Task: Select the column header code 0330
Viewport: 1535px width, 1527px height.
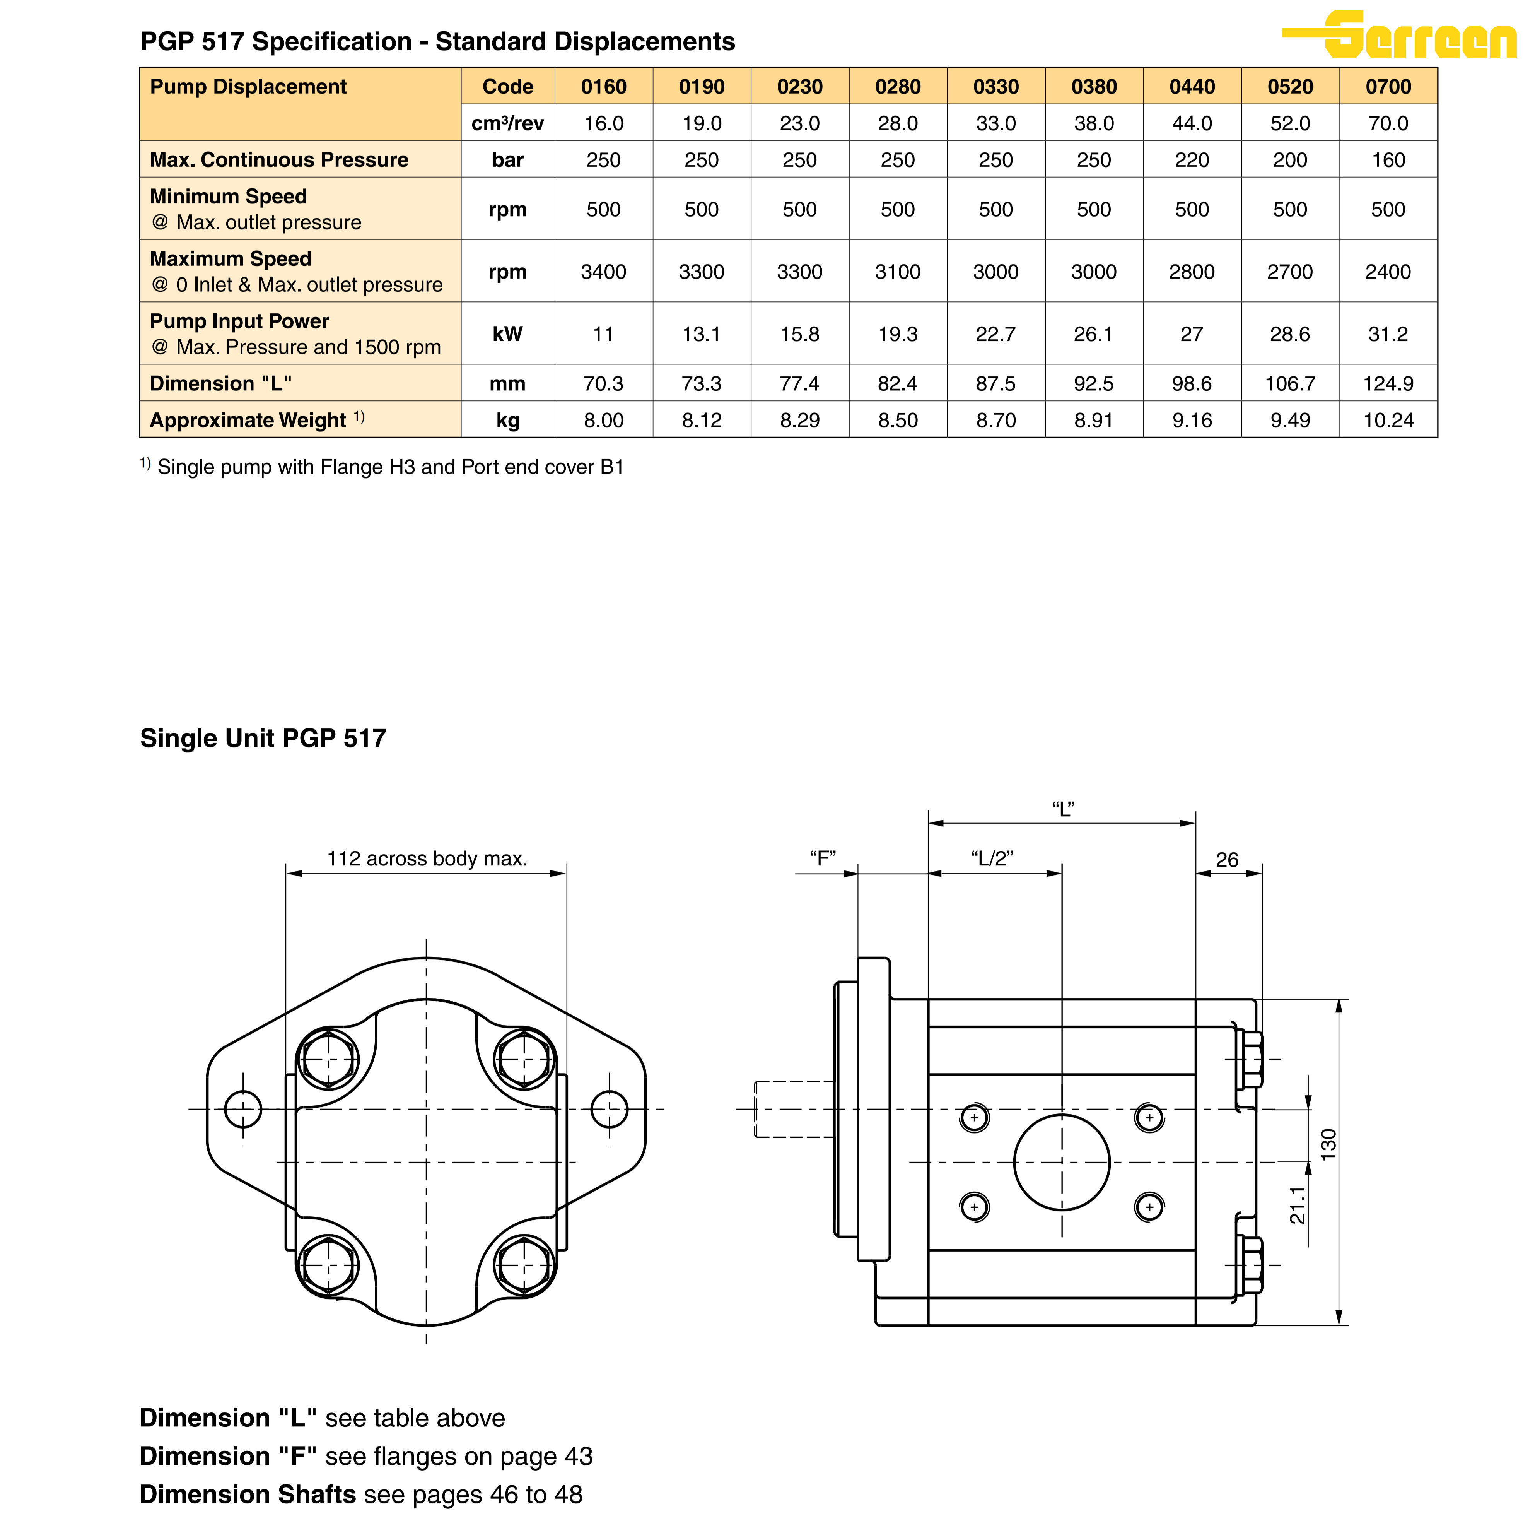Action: (995, 87)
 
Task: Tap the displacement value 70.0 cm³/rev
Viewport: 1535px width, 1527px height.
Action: (1388, 123)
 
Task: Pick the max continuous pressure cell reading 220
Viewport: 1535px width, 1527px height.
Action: (1192, 160)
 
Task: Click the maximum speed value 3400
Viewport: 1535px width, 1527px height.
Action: (603, 272)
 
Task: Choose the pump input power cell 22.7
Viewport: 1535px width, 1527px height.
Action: (995, 334)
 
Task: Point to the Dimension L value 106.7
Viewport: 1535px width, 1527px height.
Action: (1289, 384)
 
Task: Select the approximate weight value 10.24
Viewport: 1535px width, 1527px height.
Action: (1388, 421)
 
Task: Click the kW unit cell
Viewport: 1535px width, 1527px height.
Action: (508, 334)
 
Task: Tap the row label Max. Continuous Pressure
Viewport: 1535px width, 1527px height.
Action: (279, 160)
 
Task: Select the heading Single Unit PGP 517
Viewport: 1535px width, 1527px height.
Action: (263, 738)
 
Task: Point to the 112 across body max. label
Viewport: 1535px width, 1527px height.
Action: (427, 858)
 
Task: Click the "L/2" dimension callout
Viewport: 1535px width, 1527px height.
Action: (992, 858)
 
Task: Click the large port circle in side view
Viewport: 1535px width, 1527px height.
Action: (1062, 1162)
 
